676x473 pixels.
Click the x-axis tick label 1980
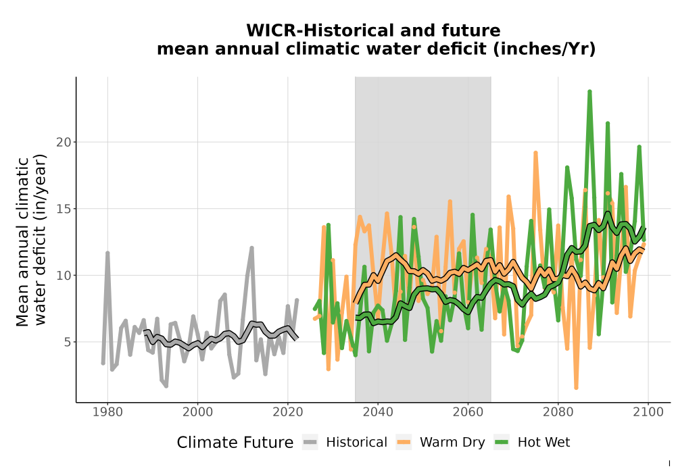[x=107, y=412]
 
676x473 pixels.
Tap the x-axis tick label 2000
[x=197, y=412]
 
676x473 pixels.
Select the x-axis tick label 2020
[x=287, y=412]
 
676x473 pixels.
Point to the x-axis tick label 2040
[x=378, y=412]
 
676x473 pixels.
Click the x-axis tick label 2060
[x=468, y=412]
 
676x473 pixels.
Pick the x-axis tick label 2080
[x=558, y=412]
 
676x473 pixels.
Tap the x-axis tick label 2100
[x=648, y=412]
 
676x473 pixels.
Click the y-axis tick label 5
[x=67, y=343]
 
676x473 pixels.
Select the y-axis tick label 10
[x=64, y=276]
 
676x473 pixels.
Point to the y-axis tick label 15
[x=64, y=209]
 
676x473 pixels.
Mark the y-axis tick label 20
[x=64, y=142]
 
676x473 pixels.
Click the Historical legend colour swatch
[x=310, y=443]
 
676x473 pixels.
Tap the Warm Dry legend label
[x=452, y=443]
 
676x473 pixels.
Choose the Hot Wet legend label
[x=544, y=443]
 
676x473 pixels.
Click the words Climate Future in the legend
[x=235, y=443]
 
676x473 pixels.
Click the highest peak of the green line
[x=589, y=92]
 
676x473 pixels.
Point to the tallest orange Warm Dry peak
[x=535, y=153]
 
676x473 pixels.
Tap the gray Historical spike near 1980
[x=107, y=253]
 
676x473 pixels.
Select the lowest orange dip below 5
[x=576, y=387]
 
